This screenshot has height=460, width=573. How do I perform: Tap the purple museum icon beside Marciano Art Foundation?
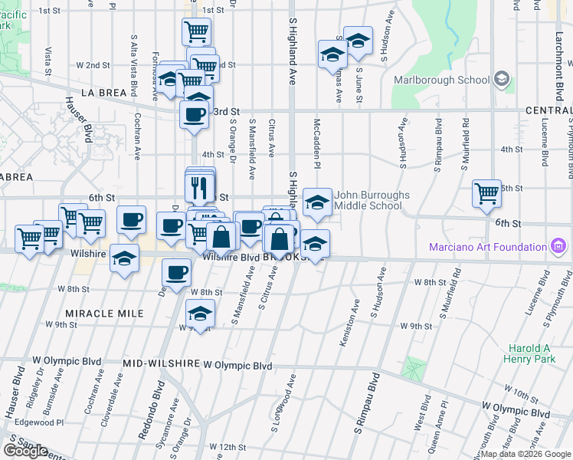pyautogui.click(x=558, y=247)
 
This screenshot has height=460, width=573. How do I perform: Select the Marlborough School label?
pyautogui.click(x=442, y=80)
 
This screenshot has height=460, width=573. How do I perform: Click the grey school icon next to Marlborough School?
pyautogui.click(x=501, y=79)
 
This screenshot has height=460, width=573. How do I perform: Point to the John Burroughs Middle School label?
pyautogui.click(x=372, y=201)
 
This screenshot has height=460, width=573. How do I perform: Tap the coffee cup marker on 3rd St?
pyautogui.click(x=193, y=114)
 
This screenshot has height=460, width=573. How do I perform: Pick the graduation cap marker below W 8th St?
pyautogui.click(x=201, y=314)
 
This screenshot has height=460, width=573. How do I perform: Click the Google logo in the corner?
pyautogui.click(x=25, y=451)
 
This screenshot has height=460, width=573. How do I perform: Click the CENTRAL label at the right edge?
pyautogui.click(x=549, y=111)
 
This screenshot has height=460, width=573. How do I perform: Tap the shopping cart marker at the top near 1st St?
pyautogui.click(x=195, y=31)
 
